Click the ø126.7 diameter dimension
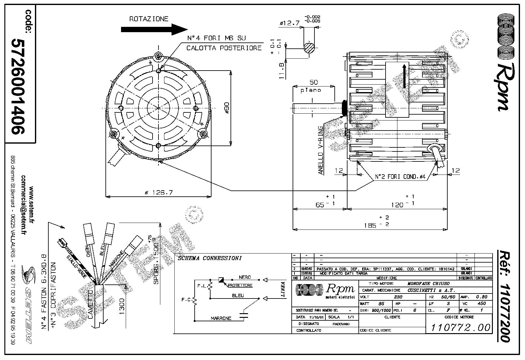point(159,193)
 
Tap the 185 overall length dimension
point(370,225)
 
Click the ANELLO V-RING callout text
point(320,150)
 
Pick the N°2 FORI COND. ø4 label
point(400,177)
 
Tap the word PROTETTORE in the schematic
point(240,285)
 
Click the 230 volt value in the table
point(398,297)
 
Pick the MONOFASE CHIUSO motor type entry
point(429,284)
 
